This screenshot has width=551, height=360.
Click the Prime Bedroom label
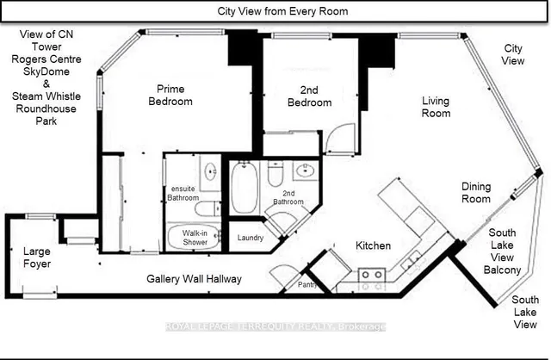177,95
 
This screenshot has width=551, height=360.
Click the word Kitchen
374,245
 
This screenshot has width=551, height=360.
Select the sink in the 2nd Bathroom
303,170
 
